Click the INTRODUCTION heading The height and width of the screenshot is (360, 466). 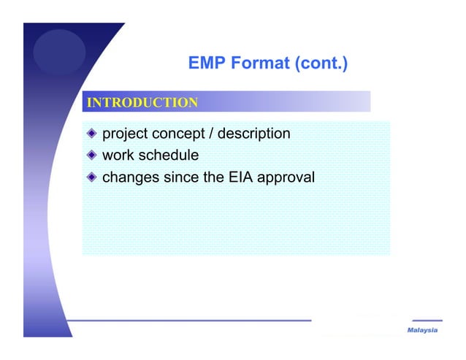(142, 102)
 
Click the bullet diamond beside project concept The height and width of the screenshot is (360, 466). (91, 134)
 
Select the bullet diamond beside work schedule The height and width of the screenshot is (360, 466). (91, 156)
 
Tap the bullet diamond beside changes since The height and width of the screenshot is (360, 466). (91, 177)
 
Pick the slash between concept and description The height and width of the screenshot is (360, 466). (213, 134)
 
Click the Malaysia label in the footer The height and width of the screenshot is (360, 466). (422, 331)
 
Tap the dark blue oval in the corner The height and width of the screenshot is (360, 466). (60, 51)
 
